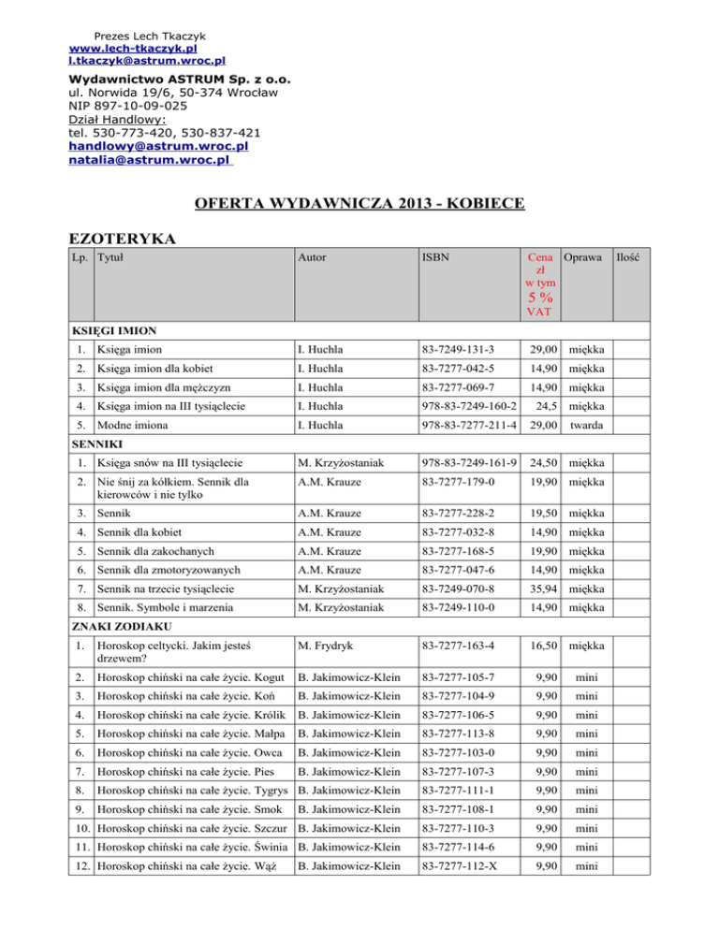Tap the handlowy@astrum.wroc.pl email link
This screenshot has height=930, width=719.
point(158,146)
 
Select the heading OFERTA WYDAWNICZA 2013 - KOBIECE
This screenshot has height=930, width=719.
point(359,202)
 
